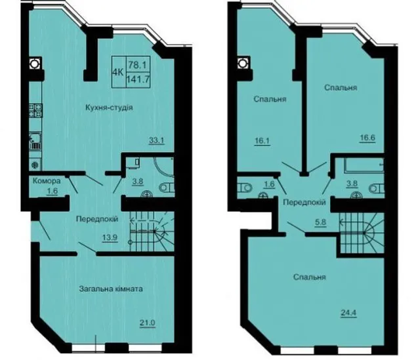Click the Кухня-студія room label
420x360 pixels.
point(109,108)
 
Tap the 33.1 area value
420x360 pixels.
point(157,140)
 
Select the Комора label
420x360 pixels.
point(47,181)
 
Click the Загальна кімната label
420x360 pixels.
point(111,289)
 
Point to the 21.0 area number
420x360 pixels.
point(147,323)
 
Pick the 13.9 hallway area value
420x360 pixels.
point(110,237)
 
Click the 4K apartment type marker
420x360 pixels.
point(118,71)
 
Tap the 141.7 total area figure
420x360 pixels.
point(138,79)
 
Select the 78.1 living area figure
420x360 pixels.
point(138,64)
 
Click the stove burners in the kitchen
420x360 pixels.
point(35,110)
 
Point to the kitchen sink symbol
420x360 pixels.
point(35,142)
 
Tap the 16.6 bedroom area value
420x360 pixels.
point(367,138)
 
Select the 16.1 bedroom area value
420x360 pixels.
point(262,141)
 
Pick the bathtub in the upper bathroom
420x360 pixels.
point(364,165)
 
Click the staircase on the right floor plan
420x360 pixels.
point(362,233)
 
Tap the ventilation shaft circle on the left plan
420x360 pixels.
point(34,64)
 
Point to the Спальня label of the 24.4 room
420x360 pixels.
point(309,277)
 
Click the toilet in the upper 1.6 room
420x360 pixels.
point(245,188)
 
